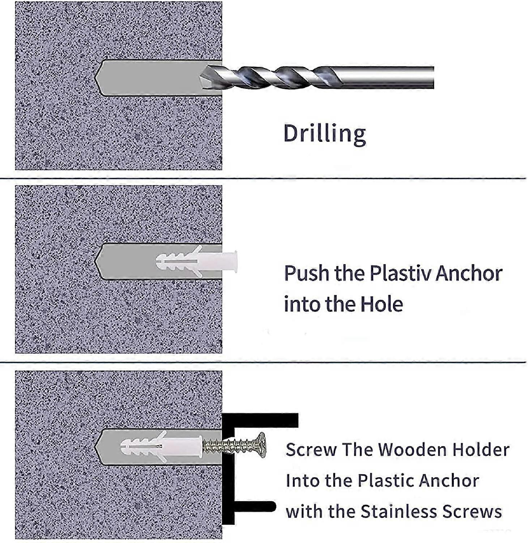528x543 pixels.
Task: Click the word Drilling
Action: pos(324,134)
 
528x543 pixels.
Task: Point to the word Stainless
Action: pos(399,512)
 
